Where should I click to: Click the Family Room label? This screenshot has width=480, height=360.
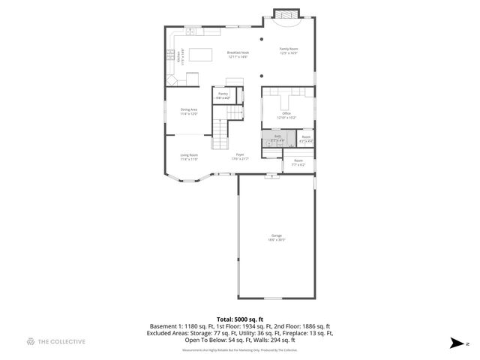point(289,50)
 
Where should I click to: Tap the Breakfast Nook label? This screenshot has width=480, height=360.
point(238,54)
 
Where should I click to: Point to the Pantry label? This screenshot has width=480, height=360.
point(223,95)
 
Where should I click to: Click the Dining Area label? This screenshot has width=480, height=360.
point(188,111)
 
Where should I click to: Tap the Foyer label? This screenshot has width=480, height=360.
point(239,156)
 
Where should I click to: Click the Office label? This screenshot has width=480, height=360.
point(286,115)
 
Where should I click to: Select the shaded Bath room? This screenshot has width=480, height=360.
point(277,139)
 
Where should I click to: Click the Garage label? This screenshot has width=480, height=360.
point(277,238)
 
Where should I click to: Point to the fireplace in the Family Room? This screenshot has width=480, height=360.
point(283,15)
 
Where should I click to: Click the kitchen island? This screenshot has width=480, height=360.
point(200,54)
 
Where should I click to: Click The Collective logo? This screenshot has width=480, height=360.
point(56,342)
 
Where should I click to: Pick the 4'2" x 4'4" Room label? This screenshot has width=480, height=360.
point(306,138)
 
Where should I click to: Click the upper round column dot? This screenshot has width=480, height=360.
point(261,38)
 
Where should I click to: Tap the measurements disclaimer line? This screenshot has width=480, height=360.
point(239,350)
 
